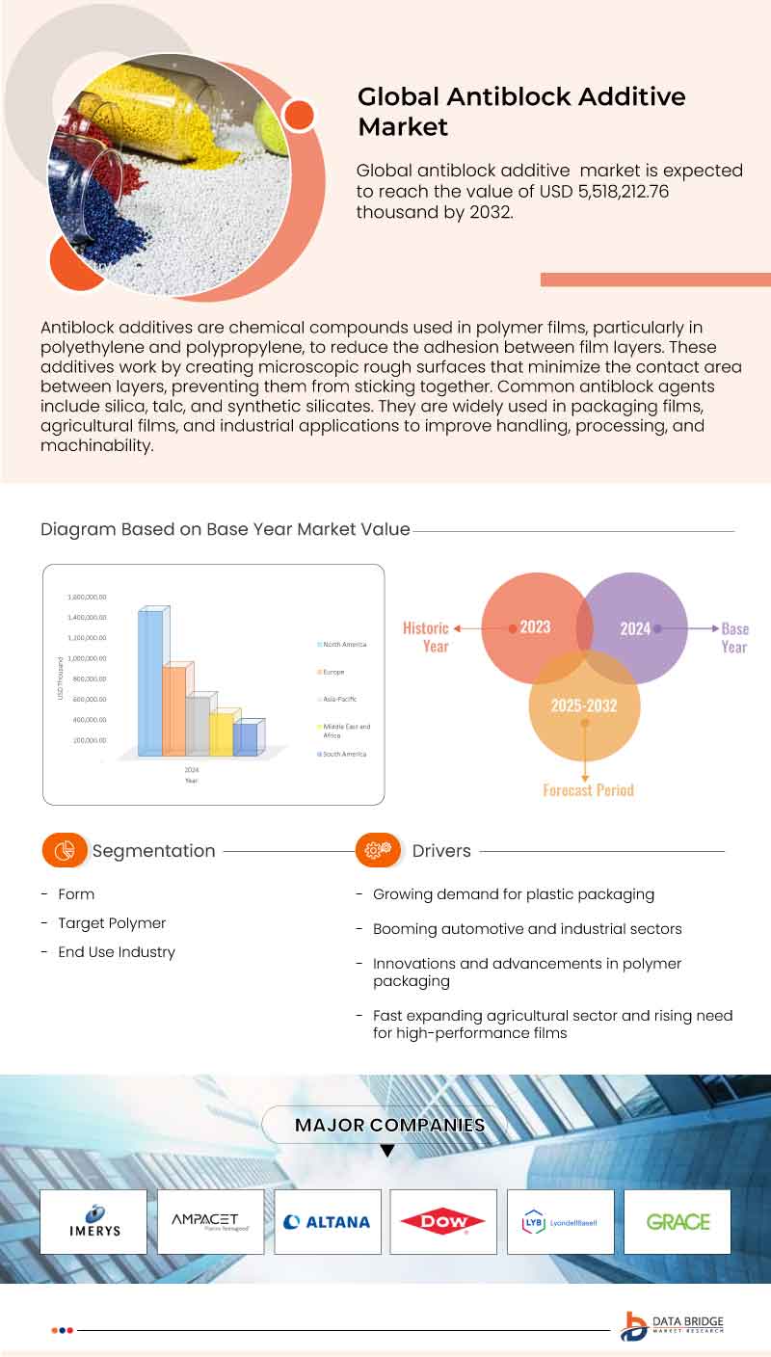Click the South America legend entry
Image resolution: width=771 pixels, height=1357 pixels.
point(344,754)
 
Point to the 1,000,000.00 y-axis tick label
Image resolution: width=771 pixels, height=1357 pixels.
point(87,658)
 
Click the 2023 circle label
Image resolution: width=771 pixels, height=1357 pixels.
point(535,627)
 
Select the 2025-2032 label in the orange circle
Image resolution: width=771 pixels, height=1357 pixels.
point(583,705)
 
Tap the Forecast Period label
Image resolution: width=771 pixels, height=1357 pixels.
point(588,790)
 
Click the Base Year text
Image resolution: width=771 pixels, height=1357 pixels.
point(734,637)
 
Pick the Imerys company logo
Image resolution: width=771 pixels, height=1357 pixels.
point(93,1221)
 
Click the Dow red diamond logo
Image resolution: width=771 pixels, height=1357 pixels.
point(443,1221)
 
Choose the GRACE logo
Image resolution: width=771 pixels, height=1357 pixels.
point(678,1221)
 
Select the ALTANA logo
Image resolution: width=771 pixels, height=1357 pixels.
point(327,1221)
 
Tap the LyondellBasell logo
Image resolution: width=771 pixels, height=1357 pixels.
point(560,1222)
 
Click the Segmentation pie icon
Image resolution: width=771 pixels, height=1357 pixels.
point(66,851)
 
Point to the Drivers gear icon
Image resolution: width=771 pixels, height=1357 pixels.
point(379,850)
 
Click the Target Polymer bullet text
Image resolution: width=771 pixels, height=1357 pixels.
point(112,923)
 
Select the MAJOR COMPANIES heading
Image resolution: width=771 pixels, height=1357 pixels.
point(389,1125)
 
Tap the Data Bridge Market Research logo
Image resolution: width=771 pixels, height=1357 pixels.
point(672,1326)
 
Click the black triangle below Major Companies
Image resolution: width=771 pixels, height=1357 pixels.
point(387,1151)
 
